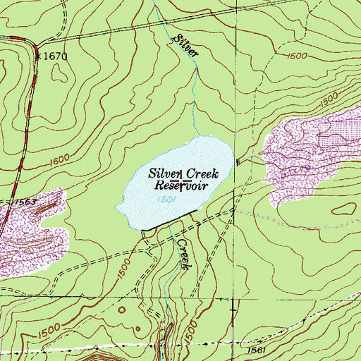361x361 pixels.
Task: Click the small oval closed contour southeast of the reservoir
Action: click(344, 209)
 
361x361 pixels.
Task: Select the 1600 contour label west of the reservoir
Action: click(62, 164)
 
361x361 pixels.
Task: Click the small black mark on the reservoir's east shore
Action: click(238, 163)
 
